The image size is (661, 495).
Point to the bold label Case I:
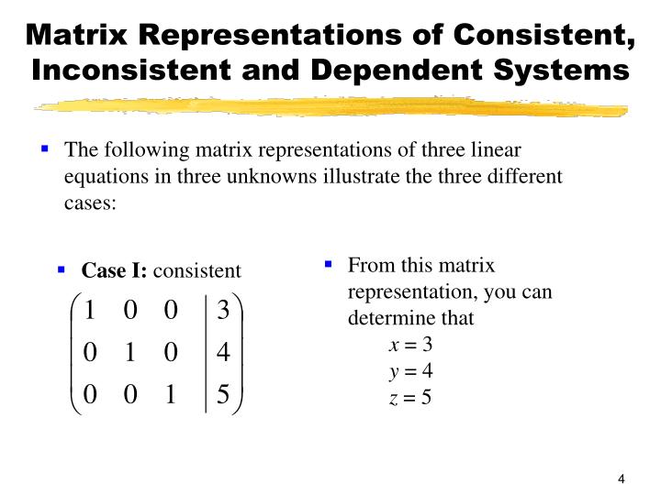(115, 270)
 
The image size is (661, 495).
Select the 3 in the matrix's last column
(223, 311)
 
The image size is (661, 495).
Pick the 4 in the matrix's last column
(223, 353)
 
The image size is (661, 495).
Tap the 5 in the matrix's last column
(223, 395)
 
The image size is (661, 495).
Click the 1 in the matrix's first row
(90, 311)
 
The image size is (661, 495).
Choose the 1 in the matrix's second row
(129, 353)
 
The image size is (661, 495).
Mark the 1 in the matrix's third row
(170, 395)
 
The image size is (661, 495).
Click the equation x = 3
(410, 345)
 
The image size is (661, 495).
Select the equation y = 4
(410, 370)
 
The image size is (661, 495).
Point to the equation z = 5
(410, 396)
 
